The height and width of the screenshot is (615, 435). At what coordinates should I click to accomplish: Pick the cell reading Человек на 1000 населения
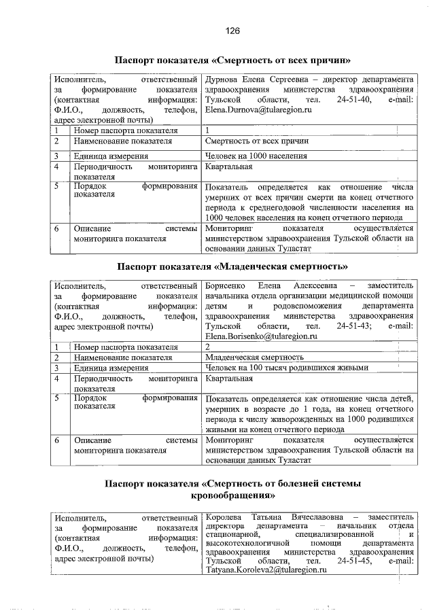tap(256, 156)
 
